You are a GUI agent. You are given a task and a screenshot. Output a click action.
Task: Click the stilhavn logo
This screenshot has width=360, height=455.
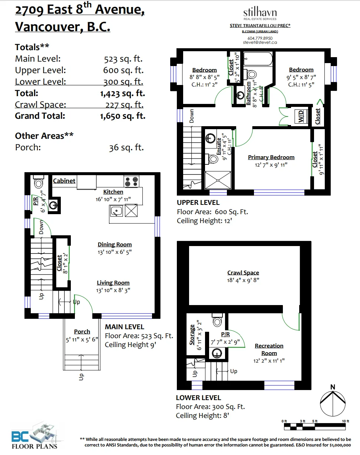[260, 14]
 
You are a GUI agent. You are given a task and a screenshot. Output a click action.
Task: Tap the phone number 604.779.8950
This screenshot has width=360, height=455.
[260, 38]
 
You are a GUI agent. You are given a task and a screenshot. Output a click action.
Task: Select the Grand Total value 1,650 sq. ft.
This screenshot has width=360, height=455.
[123, 116]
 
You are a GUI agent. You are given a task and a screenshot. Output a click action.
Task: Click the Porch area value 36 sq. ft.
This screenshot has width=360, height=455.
[126, 148]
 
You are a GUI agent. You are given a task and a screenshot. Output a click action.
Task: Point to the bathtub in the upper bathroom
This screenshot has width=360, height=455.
[258, 59]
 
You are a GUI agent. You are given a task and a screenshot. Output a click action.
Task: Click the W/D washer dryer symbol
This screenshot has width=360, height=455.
[301, 116]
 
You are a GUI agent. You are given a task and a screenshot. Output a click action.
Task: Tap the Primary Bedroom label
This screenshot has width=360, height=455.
[271, 157]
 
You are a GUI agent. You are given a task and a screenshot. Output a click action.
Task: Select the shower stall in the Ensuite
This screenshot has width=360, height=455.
[218, 180]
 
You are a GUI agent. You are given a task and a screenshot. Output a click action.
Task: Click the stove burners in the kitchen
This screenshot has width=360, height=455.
[131, 181]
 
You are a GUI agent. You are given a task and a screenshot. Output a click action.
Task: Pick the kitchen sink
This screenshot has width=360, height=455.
[116, 211]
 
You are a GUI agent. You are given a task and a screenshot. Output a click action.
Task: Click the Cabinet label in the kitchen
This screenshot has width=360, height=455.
[64, 181]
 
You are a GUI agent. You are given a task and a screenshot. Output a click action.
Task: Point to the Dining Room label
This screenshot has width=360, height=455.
[115, 245]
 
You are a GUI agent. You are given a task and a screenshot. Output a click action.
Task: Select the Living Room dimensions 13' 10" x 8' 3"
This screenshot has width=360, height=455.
[113, 290]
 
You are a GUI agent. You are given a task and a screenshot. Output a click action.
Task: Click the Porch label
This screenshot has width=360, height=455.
[82, 332]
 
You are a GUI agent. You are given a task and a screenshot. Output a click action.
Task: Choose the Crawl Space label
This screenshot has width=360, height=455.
[243, 273]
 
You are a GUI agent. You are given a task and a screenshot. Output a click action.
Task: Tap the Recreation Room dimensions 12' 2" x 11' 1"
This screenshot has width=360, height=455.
[269, 361]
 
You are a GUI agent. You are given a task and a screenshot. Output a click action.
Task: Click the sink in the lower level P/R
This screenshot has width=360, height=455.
[217, 353]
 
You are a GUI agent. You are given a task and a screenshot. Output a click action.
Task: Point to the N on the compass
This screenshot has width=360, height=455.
[333, 387]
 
